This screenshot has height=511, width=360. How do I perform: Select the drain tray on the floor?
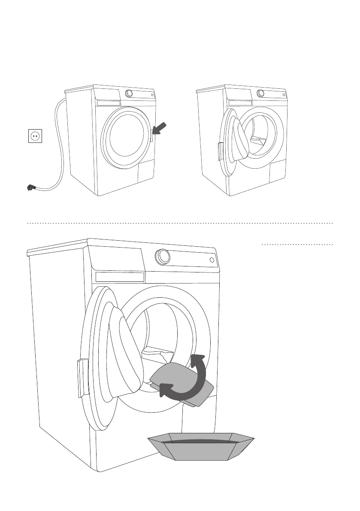(201, 448)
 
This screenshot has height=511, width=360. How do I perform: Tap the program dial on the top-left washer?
(128, 94)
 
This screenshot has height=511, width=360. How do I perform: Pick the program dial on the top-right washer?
(260, 94)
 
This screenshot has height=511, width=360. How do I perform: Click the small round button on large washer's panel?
(212, 260)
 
